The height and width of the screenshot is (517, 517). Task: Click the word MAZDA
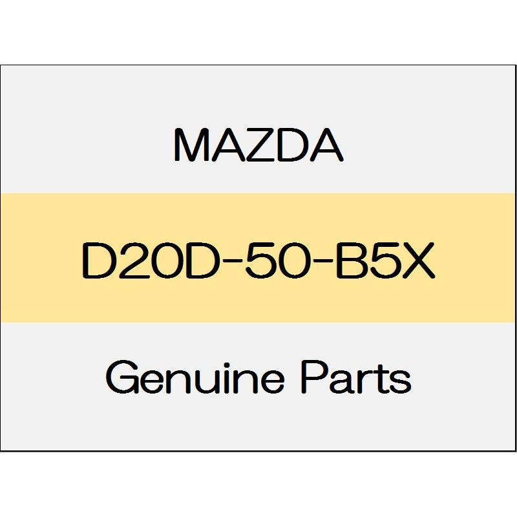[x=258, y=145]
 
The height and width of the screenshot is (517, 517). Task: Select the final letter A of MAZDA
[x=326, y=145]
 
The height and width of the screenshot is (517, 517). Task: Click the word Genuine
[x=195, y=377]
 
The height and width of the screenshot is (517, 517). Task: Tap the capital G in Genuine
[x=122, y=377]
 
